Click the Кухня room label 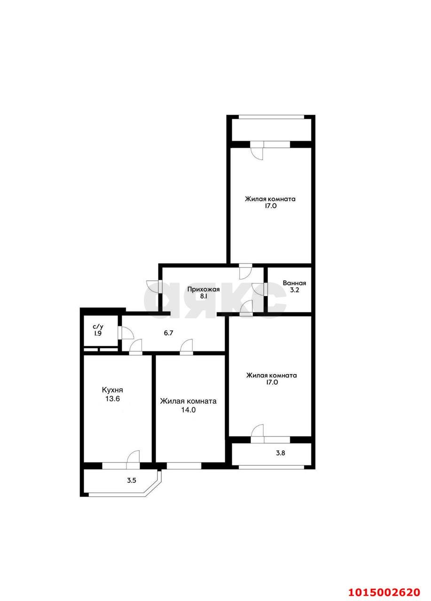112,390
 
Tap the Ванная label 294,283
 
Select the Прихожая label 204,289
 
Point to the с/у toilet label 98,326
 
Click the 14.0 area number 188,409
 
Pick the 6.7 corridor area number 168,332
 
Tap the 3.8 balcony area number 280,453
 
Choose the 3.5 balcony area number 132,480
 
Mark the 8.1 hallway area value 204,297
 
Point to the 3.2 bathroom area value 294,291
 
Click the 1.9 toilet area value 98,333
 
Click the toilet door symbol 126,333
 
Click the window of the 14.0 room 184,466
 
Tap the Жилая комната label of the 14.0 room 188,401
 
